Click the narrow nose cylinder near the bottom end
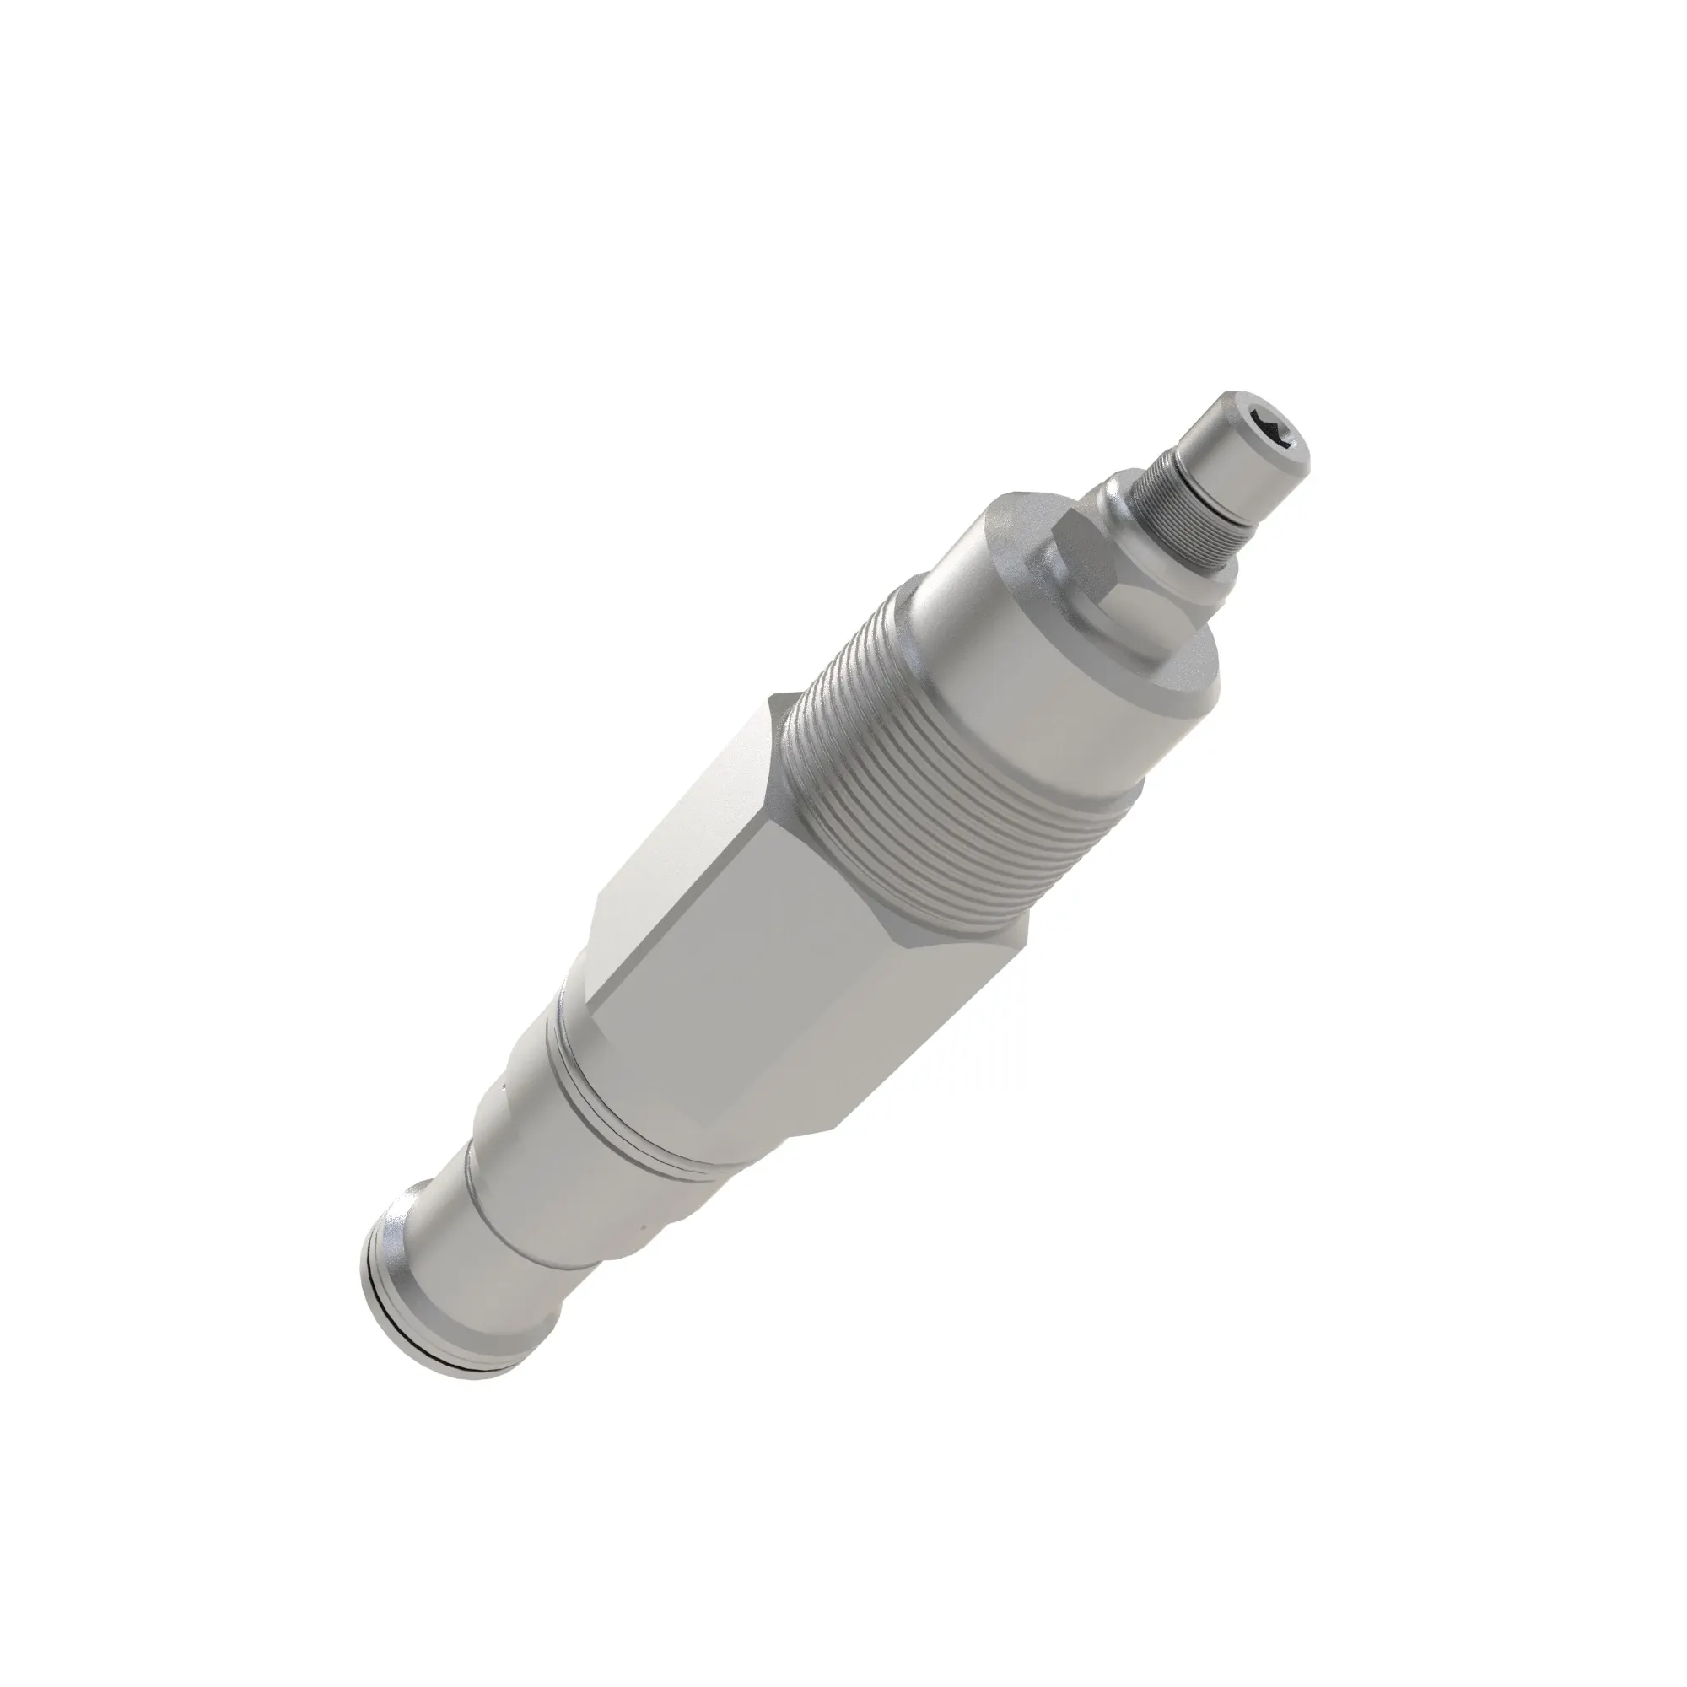point(463,1275)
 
